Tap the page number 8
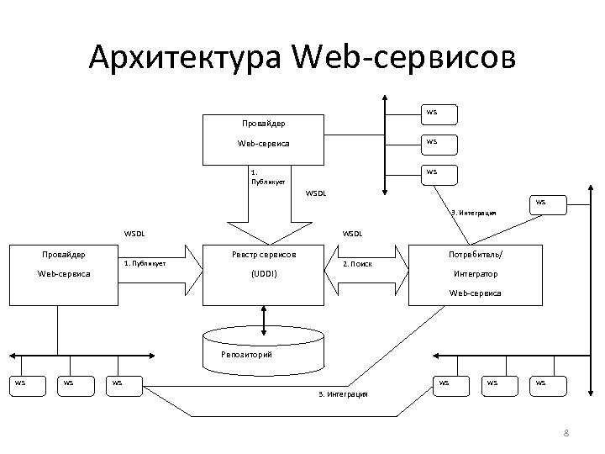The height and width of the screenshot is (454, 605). point(566,433)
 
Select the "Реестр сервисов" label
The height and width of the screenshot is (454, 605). point(264,253)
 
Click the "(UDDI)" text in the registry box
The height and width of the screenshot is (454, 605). point(264,274)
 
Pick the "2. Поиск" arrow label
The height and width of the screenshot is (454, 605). point(358,263)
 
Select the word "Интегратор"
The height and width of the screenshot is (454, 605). point(476,274)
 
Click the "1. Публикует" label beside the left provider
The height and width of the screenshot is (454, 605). point(145,263)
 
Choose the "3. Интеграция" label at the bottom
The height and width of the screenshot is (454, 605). point(343,393)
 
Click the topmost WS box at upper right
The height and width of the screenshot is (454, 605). point(431,112)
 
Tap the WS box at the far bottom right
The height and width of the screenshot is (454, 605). point(539,383)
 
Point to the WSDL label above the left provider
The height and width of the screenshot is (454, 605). point(134,233)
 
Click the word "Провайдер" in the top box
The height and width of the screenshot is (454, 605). point(264,123)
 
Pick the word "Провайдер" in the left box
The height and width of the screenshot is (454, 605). point(65,253)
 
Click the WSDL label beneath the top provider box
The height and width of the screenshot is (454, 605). point(316,193)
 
